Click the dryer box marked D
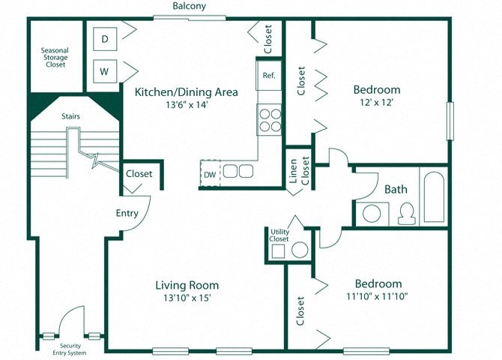(x=105, y=38)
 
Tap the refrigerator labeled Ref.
(x=269, y=75)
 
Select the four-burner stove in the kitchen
(x=269, y=118)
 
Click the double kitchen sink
(x=238, y=171)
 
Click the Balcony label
(x=189, y=6)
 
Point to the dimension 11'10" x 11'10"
(x=378, y=298)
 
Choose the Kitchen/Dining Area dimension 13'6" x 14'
(x=186, y=106)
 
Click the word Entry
(x=127, y=213)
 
